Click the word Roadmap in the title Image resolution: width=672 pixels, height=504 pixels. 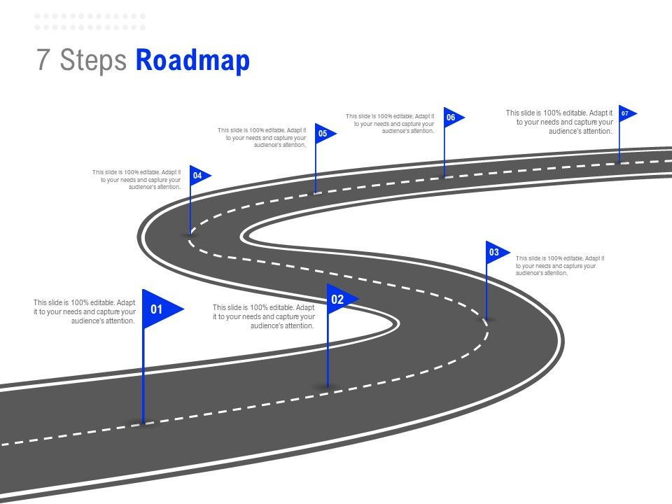point(192,61)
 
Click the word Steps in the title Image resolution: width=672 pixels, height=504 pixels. point(93,61)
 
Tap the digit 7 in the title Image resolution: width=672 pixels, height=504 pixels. point(43,61)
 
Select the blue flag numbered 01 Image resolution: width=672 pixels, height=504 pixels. point(159,309)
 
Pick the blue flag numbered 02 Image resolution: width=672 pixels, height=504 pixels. point(339,300)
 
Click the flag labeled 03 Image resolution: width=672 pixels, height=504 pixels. point(496,252)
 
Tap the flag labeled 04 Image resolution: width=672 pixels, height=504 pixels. point(198,175)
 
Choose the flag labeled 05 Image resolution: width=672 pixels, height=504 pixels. point(323,133)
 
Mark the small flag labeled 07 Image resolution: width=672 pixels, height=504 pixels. point(625,113)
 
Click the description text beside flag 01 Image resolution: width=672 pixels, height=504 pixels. point(85,311)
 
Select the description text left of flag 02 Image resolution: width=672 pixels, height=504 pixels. point(263,316)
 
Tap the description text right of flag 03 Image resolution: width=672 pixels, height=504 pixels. point(559,266)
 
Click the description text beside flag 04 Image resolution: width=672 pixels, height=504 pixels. point(137,179)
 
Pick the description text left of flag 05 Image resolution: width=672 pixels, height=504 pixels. point(262,137)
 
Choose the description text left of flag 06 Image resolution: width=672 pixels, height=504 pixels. point(390,123)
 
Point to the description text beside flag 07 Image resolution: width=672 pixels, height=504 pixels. point(559,122)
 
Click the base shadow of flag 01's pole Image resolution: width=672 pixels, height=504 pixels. point(143,422)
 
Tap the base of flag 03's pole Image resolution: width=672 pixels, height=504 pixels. point(486,319)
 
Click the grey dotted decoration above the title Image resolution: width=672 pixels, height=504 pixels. point(90,22)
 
